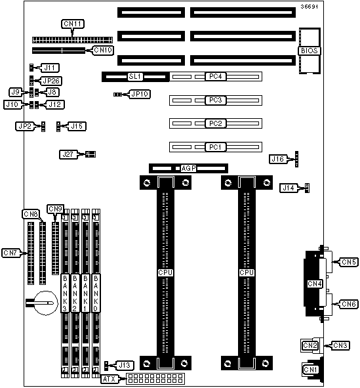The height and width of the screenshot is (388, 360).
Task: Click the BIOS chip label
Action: (309, 51)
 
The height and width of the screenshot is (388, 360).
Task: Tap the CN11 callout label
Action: (73, 24)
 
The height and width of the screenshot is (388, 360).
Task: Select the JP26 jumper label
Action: (51, 81)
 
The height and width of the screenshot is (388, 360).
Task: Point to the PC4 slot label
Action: (216, 76)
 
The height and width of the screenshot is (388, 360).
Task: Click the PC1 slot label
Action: (216, 147)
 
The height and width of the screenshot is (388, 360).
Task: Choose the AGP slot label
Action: (188, 168)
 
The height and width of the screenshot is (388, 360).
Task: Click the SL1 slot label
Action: (135, 76)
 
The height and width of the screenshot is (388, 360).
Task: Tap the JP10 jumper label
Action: (140, 94)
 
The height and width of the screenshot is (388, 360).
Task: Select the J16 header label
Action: (278, 159)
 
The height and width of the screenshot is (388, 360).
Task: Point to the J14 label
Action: (289, 188)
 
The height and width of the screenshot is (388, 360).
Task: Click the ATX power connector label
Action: (109, 379)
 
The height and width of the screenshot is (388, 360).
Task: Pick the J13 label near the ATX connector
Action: (125, 365)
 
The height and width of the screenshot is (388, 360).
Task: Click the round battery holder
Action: (45, 303)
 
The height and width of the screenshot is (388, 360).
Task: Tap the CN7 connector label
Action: (10, 253)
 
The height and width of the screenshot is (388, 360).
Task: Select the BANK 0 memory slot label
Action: (96, 293)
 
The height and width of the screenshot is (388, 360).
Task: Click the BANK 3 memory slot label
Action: (65, 293)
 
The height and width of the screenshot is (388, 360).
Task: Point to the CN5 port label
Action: (349, 262)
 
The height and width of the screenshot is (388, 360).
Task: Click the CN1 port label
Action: (311, 370)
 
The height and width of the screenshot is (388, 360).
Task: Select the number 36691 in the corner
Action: (309, 7)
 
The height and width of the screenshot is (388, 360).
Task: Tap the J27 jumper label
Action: (68, 155)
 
